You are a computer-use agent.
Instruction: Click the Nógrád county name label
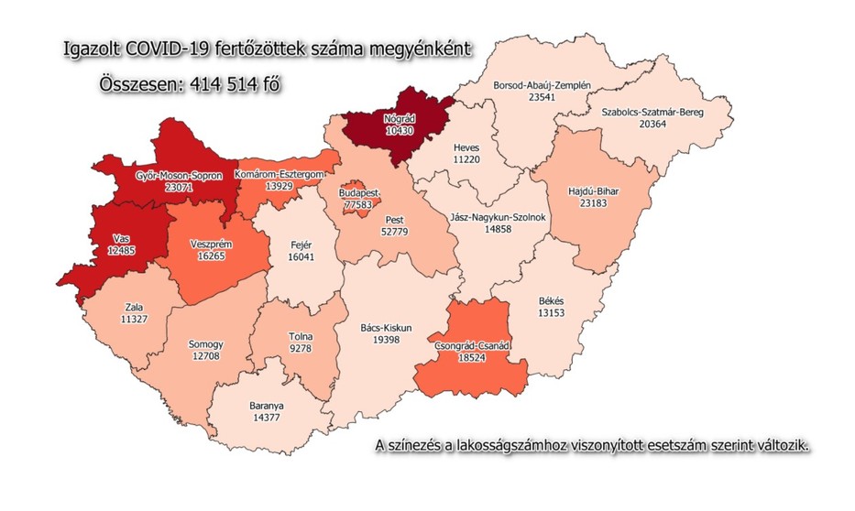point(400,118)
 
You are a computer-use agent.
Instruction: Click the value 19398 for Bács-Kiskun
point(393,339)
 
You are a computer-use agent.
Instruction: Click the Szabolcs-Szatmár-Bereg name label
point(652,113)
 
